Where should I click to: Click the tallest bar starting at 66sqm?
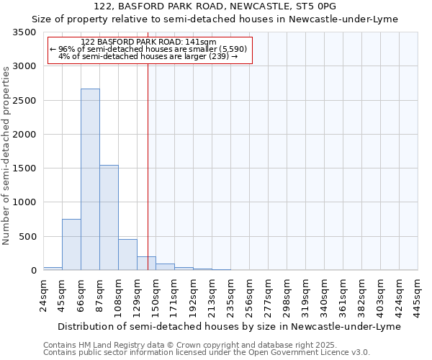tap(90, 179)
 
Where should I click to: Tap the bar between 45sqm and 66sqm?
tap(71, 245)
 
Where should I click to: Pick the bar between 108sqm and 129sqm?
tap(127, 255)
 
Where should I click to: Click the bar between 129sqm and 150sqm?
tap(146, 264)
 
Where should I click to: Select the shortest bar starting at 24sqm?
tap(53, 269)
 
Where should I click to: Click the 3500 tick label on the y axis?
tap(24, 32)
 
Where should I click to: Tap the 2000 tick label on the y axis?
tap(24, 135)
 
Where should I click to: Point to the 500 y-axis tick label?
tap(27, 237)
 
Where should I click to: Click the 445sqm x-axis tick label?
tap(418, 295)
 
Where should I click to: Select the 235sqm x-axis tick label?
tap(230, 295)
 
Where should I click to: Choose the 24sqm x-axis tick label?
tap(43, 294)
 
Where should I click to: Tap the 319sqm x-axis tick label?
tap(305, 295)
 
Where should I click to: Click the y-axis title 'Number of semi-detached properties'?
tap(6, 155)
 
